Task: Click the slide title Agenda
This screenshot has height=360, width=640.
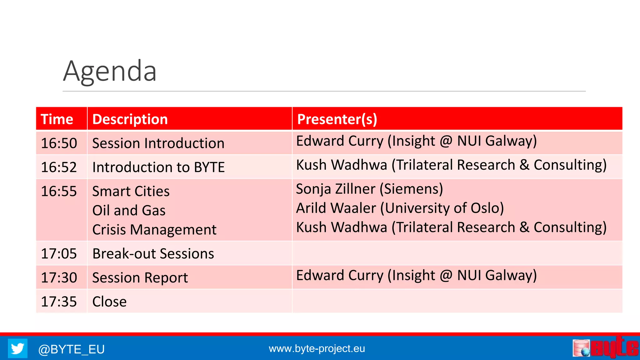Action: (110, 71)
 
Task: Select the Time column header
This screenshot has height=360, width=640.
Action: (57, 119)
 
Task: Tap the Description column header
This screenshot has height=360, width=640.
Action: (130, 119)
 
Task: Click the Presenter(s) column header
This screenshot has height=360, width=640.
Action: (337, 119)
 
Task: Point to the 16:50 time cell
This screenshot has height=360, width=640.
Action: (59, 143)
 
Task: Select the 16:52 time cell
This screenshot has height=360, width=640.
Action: (59, 167)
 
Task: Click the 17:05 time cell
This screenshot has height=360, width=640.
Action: (59, 253)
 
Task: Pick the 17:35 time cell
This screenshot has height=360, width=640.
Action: (59, 302)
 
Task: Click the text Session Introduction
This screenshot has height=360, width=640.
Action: (158, 143)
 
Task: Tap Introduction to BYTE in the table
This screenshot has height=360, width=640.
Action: (158, 167)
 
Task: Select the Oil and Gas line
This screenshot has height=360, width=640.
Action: (129, 210)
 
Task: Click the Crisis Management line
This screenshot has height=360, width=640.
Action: (154, 230)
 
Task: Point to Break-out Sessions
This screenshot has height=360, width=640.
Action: (153, 253)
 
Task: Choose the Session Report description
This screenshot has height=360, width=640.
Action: (140, 277)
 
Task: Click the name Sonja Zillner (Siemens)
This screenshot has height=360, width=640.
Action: (369, 189)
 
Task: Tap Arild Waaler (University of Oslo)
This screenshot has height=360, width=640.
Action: (400, 208)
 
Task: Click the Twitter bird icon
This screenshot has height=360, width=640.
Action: (17, 348)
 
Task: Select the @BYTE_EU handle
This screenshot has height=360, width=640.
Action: (71, 349)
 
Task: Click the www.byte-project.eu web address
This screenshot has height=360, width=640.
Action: (317, 348)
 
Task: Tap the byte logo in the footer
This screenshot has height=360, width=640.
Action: (605, 347)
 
